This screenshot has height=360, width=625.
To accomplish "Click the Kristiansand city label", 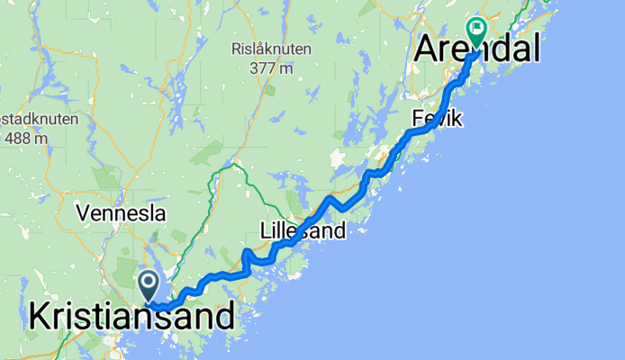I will (131, 317).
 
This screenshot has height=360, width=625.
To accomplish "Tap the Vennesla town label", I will (122, 214).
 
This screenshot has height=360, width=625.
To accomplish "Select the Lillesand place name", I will (303, 231).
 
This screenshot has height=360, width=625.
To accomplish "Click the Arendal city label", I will (477, 49).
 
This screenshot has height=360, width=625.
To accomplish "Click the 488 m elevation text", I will (28, 138).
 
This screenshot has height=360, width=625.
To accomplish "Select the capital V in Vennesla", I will (84, 214).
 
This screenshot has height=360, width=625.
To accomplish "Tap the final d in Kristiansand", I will (226, 317).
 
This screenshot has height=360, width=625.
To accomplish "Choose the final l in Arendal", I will (536, 49).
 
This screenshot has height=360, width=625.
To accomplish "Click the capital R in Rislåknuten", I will (236, 49).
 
